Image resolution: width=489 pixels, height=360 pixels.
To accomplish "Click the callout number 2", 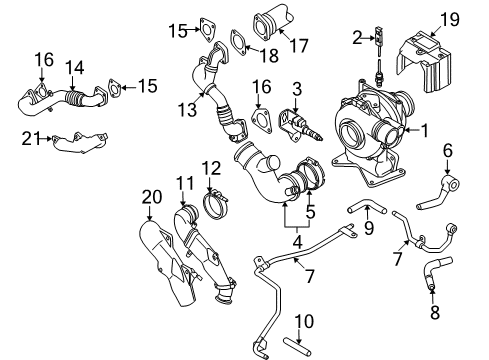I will pos(357,37).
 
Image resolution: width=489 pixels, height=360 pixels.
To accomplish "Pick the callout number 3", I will pos(295,91).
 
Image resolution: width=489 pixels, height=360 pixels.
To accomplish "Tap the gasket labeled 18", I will pos(241,41).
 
